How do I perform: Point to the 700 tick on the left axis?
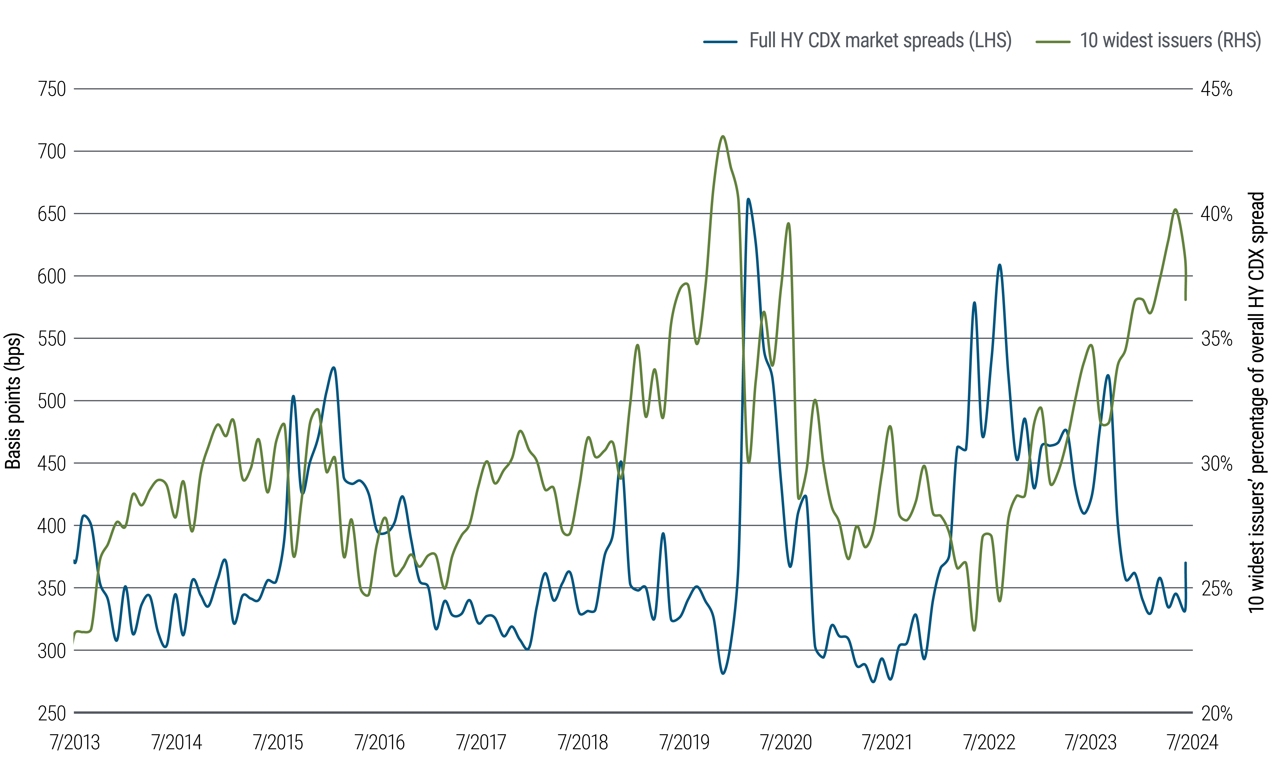point(52,152)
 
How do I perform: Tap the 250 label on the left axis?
point(52,713)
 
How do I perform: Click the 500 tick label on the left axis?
point(52,401)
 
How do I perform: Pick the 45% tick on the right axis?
point(1216,89)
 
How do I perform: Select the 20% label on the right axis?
point(1216,713)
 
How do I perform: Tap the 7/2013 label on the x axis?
point(75,742)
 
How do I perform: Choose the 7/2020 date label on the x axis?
point(786,742)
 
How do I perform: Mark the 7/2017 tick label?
point(481,742)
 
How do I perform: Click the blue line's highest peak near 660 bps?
point(748,199)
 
